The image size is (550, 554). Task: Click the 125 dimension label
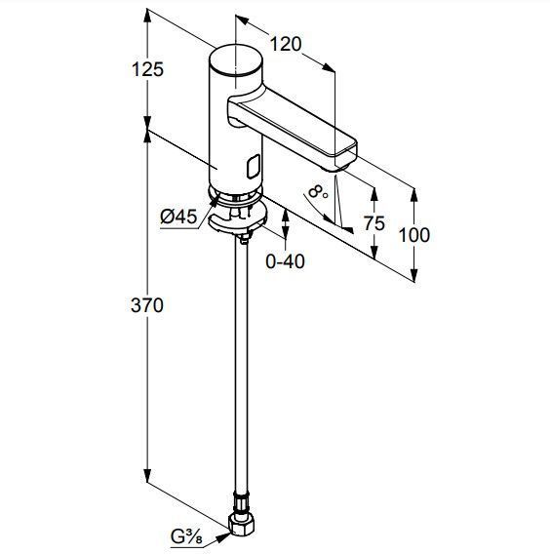pyautogui.click(x=147, y=69)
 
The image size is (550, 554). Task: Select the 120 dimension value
pyautogui.click(x=286, y=44)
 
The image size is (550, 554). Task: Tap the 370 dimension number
pyautogui.click(x=147, y=305)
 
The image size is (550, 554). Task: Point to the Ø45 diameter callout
pyautogui.click(x=178, y=217)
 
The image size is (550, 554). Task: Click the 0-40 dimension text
pyautogui.click(x=285, y=261)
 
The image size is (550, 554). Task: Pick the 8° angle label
pyautogui.click(x=318, y=192)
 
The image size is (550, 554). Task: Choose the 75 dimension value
pyautogui.click(x=374, y=223)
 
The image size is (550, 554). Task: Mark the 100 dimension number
pyautogui.click(x=414, y=235)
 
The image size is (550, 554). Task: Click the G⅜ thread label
pyautogui.click(x=186, y=537)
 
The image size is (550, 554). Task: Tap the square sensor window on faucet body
pyautogui.click(x=254, y=167)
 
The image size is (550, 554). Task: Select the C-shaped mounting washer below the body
pyautogui.click(x=237, y=219)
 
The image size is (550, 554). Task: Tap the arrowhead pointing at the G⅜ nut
pyautogui.click(x=223, y=537)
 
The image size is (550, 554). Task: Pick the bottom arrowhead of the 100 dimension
pyautogui.click(x=414, y=275)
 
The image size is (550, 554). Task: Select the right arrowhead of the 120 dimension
pyautogui.click(x=329, y=67)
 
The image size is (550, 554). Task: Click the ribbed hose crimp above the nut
pyautogui.click(x=241, y=502)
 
